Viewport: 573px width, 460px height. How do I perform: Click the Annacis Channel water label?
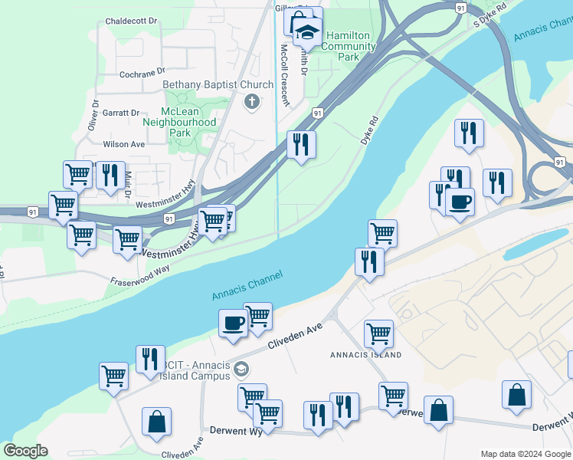[247, 285]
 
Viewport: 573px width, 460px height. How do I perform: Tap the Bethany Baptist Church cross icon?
[251, 100]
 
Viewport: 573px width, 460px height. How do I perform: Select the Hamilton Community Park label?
[349, 46]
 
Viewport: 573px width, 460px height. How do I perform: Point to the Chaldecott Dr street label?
[131, 21]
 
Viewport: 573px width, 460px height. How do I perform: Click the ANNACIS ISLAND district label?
[365, 355]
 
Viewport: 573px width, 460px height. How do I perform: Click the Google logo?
[26, 451]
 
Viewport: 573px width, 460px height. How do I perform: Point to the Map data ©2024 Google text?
[525, 454]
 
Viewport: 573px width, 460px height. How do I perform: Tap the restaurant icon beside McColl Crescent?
[301, 143]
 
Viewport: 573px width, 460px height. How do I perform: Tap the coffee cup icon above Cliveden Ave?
[234, 323]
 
